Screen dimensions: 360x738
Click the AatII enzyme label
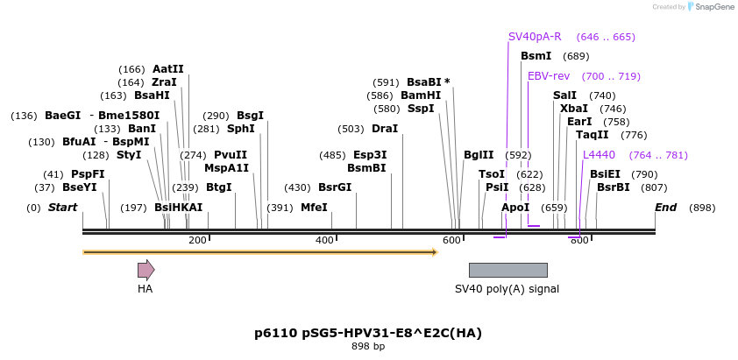168,69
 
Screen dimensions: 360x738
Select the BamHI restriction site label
421,95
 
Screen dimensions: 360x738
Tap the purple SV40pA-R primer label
535,37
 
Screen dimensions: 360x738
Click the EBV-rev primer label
549,76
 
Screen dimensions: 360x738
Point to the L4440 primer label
599,155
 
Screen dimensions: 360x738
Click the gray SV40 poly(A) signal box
507,270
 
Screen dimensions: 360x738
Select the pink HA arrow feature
145,270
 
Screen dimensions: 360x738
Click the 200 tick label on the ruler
197,240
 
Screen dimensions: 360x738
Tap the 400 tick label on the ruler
324,240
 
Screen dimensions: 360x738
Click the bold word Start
62,208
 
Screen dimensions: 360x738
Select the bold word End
665,208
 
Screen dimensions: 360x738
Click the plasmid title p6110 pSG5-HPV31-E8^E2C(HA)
368,333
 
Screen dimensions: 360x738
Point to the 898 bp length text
368,347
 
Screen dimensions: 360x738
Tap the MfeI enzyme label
314,208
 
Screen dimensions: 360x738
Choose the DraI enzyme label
385,129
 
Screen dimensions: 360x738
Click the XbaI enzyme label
574,109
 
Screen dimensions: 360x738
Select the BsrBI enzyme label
614,187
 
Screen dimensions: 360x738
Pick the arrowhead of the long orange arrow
433,252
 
